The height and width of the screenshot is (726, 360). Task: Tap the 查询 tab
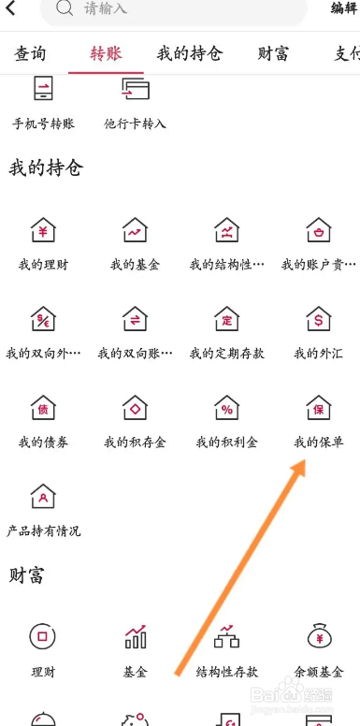pyautogui.click(x=30, y=53)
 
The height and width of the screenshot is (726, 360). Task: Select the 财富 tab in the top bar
pyautogui.click(x=272, y=53)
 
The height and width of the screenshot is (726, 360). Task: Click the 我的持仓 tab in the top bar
pyautogui.click(x=189, y=53)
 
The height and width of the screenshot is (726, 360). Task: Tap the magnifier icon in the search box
pyautogui.click(x=65, y=9)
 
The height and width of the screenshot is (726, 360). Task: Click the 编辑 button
pyautogui.click(x=344, y=8)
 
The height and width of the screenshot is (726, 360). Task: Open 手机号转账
pyautogui.click(x=43, y=91)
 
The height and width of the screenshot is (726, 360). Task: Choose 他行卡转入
pyautogui.click(x=135, y=91)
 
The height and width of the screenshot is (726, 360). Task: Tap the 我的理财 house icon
pyautogui.click(x=43, y=230)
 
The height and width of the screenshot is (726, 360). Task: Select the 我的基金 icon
pyautogui.click(x=135, y=230)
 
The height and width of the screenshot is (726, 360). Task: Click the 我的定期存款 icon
pyautogui.click(x=226, y=319)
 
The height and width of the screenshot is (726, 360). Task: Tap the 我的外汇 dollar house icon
pyautogui.click(x=318, y=319)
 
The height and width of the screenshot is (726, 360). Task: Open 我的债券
pyautogui.click(x=43, y=408)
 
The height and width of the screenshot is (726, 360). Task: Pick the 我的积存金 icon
pyautogui.click(x=135, y=408)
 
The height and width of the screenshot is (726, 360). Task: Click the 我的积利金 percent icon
pyautogui.click(x=226, y=408)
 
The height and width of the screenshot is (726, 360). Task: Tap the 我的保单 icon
pyautogui.click(x=318, y=408)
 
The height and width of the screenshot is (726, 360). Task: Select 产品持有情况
pyautogui.click(x=43, y=497)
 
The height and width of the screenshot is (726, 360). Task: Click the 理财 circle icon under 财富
pyautogui.click(x=43, y=637)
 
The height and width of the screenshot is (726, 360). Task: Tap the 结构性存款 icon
pyautogui.click(x=226, y=637)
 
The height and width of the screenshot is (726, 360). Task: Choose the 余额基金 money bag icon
pyautogui.click(x=318, y=637)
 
